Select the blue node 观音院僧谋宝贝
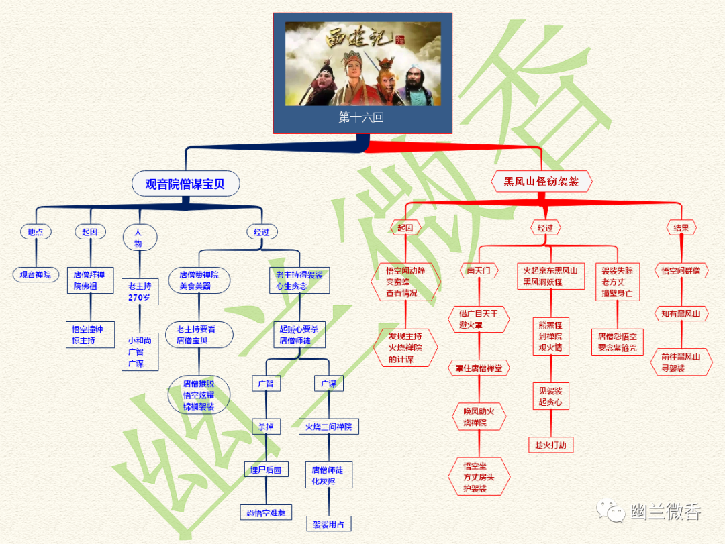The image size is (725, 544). coord(185,184)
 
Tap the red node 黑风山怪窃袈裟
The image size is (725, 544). coord(541,181)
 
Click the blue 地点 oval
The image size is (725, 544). coord(36,232)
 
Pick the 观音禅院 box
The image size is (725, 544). coord(36,274)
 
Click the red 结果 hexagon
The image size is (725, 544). coord(681,228)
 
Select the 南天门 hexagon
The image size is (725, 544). coord(479,271)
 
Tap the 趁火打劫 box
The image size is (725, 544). coord(550,445)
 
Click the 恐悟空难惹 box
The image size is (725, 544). coord(266,512)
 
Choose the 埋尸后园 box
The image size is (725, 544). coord(266,470)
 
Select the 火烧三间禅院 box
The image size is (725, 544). coord(328,427)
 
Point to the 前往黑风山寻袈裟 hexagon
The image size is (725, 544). coord(681,362)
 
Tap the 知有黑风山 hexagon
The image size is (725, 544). coord(681,313)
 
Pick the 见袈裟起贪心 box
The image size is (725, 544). coord(550,396)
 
